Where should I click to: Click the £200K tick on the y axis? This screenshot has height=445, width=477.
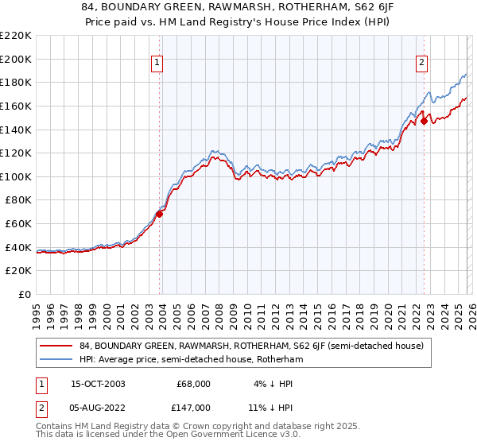point(16,59)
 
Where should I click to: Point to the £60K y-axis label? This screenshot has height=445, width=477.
point(18,224)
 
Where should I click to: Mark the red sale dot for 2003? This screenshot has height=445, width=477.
point(160,214)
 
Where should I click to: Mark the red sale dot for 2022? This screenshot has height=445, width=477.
point(424,121)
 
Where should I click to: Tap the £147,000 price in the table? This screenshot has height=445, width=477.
point(193,407)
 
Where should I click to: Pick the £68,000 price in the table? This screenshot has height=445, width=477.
point(193,384)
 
